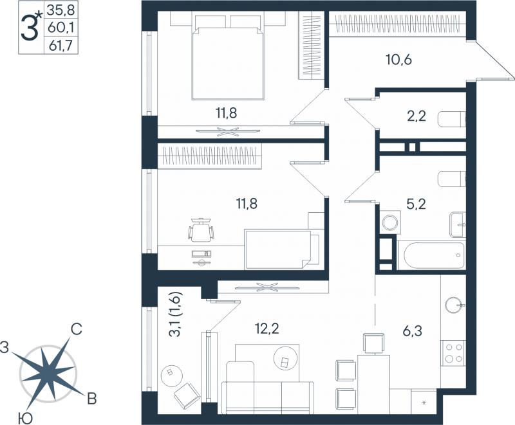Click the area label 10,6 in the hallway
click(398, 60)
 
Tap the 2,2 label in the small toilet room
click(416, 116)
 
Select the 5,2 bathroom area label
click(416, 204)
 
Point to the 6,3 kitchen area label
click(412, 331)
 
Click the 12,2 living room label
click(267, 328)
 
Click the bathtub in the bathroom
click(431, 255)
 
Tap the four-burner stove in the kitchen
click(453, 352)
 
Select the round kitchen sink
click(454, 305)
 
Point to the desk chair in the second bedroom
click(201, 230)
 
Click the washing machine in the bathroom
click(390, 222)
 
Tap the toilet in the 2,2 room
click(453, 120)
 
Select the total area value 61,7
click(61, 45)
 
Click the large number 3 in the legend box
click(29, 28)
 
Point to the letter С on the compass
click(76, 329)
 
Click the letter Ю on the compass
click(25, 418)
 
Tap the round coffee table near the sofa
click(285, 359)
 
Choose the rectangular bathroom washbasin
click(458, 224)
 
